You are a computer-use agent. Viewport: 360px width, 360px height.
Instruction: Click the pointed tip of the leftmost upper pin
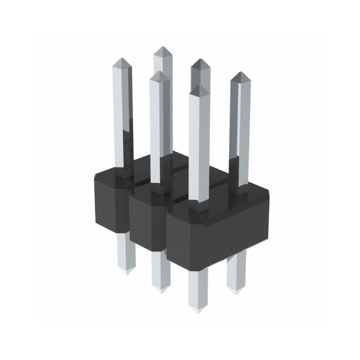tap(122, 59)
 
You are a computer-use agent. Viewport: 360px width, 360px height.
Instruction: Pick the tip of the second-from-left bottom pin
tap(161, 292)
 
